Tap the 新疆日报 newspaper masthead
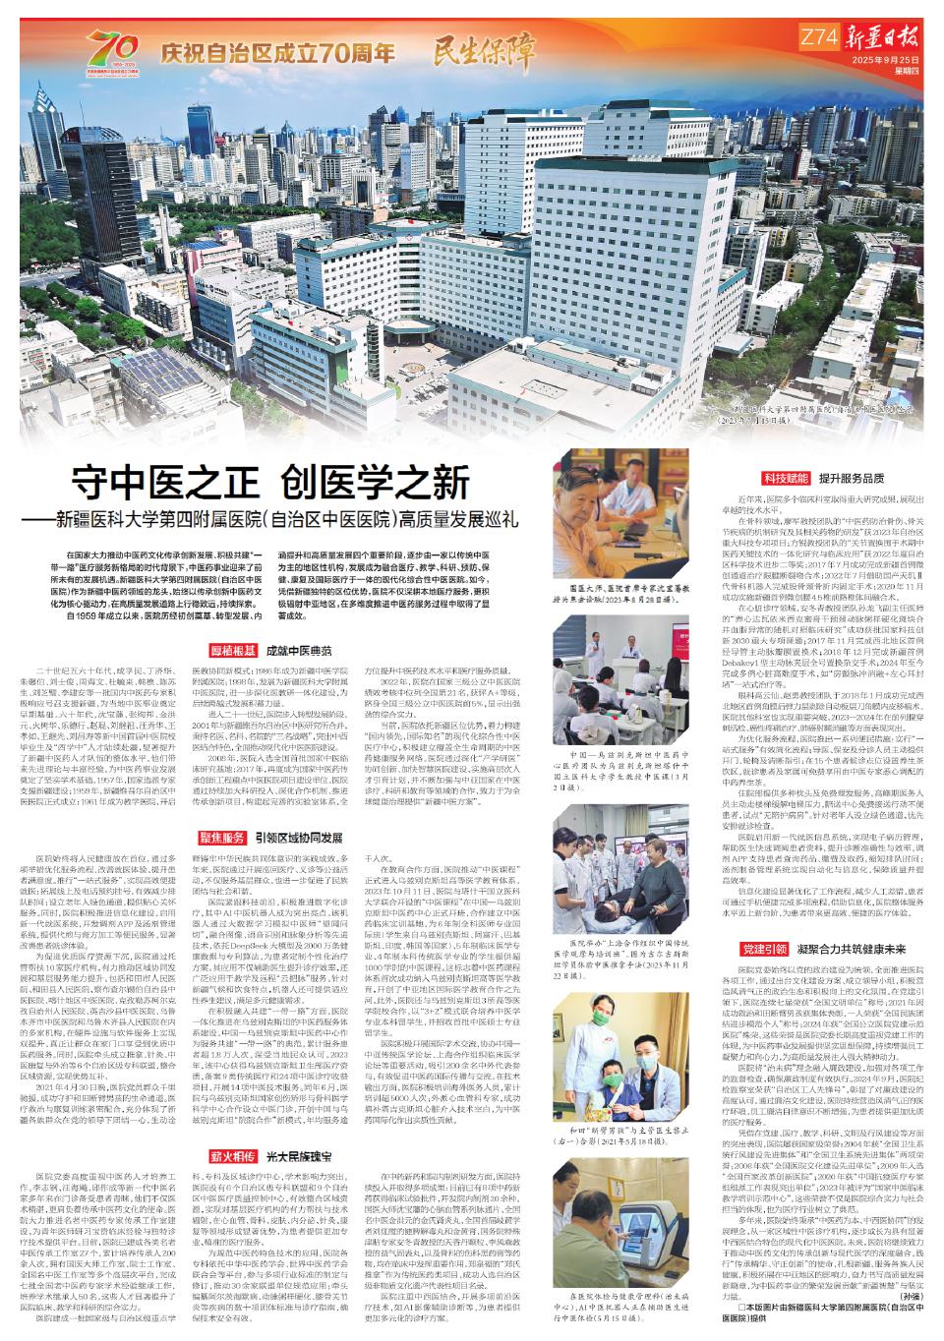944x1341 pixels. pos(883,38)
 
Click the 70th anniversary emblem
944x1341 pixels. pos(114,48)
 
